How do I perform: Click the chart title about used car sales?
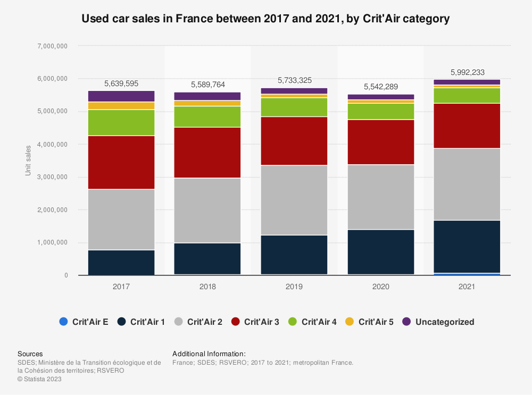[x=265, y=19]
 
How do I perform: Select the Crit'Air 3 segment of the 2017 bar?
[x=121, y=162]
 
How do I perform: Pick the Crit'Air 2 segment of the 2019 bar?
[x=294, y=200]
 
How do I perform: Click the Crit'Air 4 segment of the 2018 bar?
[x=207, y=116]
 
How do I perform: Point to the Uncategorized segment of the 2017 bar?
[x=121, y=96]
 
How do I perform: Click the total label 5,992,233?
[x=467, y=73]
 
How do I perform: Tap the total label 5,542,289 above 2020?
[x=381, y=87]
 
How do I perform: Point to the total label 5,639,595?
[x=121, y=83]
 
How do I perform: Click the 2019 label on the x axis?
[x=294, y=287]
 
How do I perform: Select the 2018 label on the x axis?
[x=207, y=287]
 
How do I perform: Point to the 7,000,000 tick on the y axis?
[x=53, y=46]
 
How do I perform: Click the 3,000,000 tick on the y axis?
[x=53, y=177]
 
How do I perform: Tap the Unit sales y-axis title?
[x=28, y=160]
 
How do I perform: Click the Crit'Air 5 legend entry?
[x=370, y=322]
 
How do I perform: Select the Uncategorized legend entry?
[x=438, y=322]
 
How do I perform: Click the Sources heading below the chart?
[x=30, y=354]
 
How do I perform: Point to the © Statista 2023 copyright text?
[x=39, y=379]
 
